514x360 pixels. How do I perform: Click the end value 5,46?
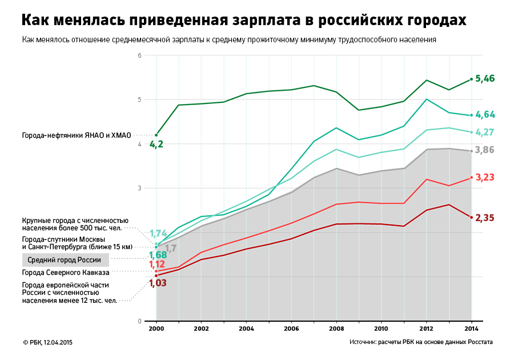pos(485,79)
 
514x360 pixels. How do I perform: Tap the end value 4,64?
pos(485,115)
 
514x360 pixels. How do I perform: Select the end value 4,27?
pos(485,133)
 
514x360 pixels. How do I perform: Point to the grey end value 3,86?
pos(485,150)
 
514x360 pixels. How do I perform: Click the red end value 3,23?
pos(485,178)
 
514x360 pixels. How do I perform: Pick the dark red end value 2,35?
pos(485,218)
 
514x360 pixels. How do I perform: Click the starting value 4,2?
pos(156,145)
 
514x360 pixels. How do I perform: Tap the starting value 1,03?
pos(158,283)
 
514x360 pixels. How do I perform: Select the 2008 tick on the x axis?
pos(336,330)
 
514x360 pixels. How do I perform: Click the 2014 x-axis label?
pos(471,330)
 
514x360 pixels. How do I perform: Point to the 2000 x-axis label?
pos(156,330)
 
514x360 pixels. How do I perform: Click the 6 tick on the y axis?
pos(139,55)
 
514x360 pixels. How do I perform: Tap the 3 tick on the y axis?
pos(139,188)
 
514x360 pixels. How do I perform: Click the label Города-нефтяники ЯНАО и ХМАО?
pos(77,135)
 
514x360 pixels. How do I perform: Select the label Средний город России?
pos(65,260)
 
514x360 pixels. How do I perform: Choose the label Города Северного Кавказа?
pos(66,273)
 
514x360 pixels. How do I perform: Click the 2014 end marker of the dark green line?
pos(471,79)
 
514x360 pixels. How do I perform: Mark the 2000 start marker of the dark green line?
pos(156,135)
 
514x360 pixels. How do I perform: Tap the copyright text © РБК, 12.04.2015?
pos(48,342)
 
